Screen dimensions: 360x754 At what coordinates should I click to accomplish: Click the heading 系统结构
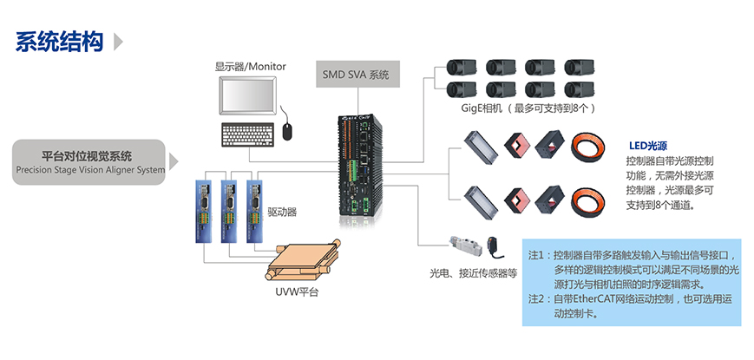coord(59,42)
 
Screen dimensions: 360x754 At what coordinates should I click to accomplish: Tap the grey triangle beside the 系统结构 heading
coord(118,42)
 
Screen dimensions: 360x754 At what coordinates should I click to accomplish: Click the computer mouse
coord(288,129)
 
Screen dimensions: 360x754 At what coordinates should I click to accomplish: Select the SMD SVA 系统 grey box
coord(356,75)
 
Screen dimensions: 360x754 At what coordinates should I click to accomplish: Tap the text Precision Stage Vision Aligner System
coord(89,170)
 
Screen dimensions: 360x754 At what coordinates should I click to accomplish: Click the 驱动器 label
coord(282,211)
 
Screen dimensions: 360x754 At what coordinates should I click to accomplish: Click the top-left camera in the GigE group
coord(459,66)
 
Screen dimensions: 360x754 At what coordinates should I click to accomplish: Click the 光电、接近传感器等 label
coord(474,272)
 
